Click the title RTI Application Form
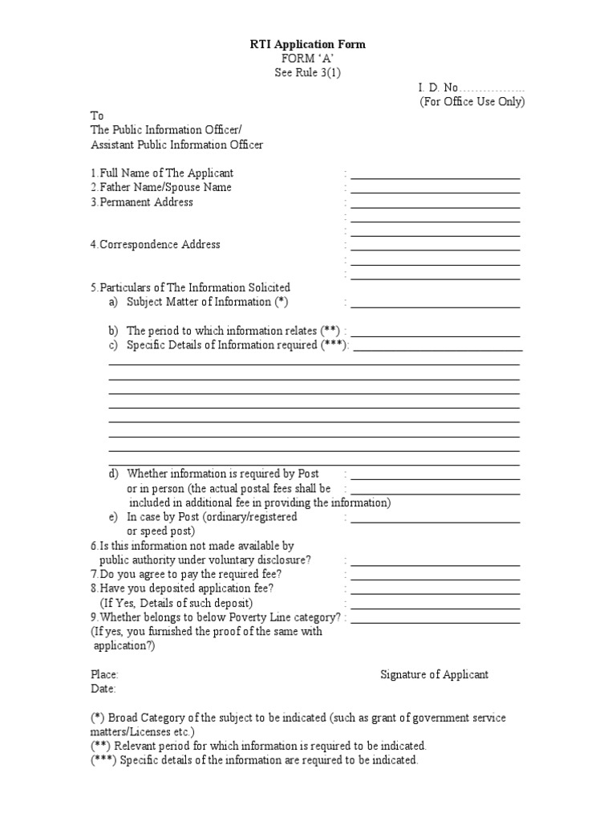pos(307,44)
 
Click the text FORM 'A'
pos(307,59)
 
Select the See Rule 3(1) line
pos(307,73)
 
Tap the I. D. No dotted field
pos(492,87)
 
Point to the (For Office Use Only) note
pos(472,102)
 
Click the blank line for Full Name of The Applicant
pos(436,174)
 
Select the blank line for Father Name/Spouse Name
pos(436,189)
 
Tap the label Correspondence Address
pos(155,244)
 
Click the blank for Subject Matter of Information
pos(436,303)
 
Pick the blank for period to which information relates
pos(436,332)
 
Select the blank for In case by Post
pos(436,519)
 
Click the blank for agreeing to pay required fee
pos(436,576)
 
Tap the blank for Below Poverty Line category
pos(436,619)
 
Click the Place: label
pos(104,674)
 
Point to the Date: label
pos(103,689)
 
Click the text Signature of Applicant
pos(434,674)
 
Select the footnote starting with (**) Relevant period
pos(257,746)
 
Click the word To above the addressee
pos(96,116)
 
